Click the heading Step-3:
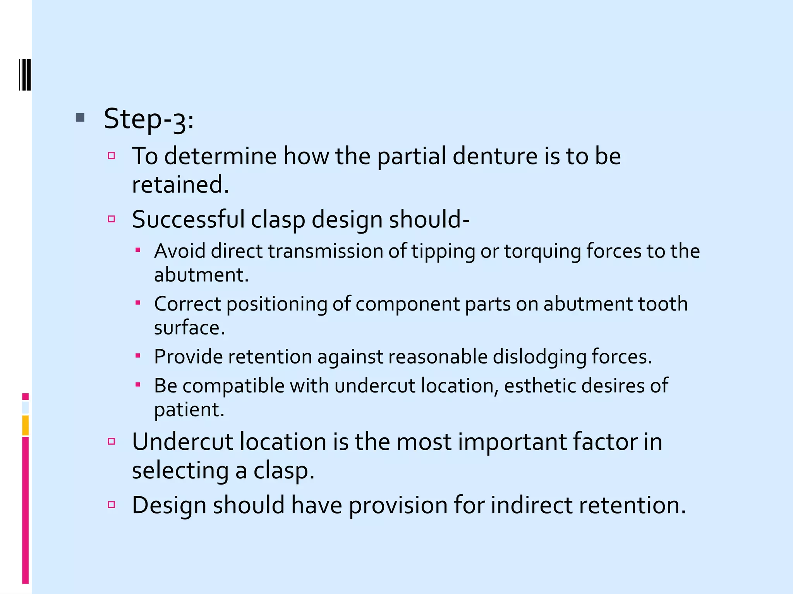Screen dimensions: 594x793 (149, 119)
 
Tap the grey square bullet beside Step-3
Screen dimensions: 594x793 (80, 118)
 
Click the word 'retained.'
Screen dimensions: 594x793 (180, 184)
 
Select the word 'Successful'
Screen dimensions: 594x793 (188, 219)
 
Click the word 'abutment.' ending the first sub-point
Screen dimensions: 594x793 (201, 275)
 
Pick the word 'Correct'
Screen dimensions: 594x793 (187, 304)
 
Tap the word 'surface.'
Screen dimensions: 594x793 (189, 328)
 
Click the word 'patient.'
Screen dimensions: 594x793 (189, 410)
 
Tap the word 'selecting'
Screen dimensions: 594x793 (180, 471)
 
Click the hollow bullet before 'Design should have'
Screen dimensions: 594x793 (112, 504)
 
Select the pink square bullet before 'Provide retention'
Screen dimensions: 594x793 (138, 355)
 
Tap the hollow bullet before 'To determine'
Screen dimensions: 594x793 (112, 156)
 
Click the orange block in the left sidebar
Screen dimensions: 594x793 (25, 425)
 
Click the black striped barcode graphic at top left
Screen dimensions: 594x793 (25, 75)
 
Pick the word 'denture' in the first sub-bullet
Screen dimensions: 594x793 (495, 156)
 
